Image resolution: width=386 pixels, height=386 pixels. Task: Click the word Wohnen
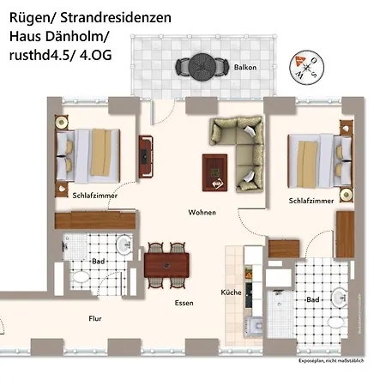click(202, 212)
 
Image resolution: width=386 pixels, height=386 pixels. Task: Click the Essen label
click(184, 303)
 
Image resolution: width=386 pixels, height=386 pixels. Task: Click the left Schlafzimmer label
click(94, 196)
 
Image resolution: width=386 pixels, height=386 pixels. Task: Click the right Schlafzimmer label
click(311, 200)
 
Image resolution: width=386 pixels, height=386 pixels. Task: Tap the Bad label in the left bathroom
click(100, 261)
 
